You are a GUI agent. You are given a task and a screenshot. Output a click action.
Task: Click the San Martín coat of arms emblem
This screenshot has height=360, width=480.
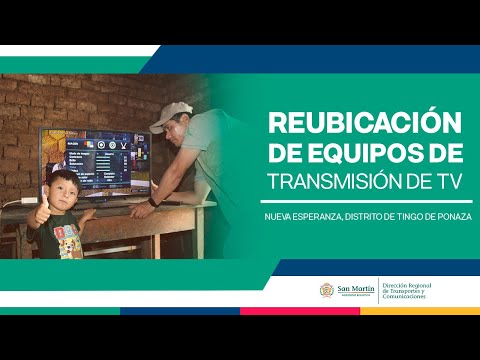(326, 290)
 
